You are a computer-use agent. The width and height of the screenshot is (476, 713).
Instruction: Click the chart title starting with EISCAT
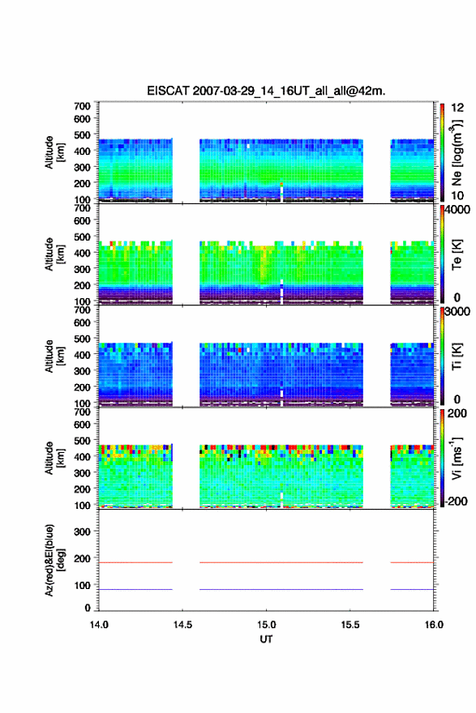[x=266, y=91]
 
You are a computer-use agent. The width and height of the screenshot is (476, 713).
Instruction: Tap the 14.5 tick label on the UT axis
[x=182, y=625]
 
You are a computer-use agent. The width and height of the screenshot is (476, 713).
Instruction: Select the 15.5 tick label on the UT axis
[x=350, y=625]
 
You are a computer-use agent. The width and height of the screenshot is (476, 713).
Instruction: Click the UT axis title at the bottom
[x=266, y=639]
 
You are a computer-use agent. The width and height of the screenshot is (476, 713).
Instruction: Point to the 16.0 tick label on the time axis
[x=434, y=625]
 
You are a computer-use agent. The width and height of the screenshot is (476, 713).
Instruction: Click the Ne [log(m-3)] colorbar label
[x=457, y=153]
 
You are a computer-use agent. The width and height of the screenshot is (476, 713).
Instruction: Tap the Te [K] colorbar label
[x=457, y=254]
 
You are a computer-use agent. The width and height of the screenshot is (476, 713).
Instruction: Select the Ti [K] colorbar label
[x=457, y=356]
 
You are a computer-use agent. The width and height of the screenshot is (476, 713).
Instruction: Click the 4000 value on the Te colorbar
[x=458, y=211]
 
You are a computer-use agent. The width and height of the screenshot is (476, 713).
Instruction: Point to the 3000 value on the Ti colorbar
[x=458, y=312]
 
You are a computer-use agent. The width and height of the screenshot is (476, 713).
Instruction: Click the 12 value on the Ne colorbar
[x=458, y=108]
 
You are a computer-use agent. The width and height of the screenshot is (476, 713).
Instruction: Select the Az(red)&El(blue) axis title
[x=54, y=560]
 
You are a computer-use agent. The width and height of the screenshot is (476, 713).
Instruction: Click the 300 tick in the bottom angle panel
[x=82, y=532]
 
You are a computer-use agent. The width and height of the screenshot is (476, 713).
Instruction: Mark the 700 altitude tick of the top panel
[x=82, y=106]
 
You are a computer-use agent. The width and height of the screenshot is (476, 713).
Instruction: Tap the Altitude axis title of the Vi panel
[x=54, y=458]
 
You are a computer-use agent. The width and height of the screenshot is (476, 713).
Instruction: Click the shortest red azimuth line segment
[x=412, y=562]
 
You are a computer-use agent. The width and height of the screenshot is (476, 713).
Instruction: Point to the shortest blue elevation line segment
[x=412, y=589]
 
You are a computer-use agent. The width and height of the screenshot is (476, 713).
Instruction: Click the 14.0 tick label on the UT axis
[x=99, y=625]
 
